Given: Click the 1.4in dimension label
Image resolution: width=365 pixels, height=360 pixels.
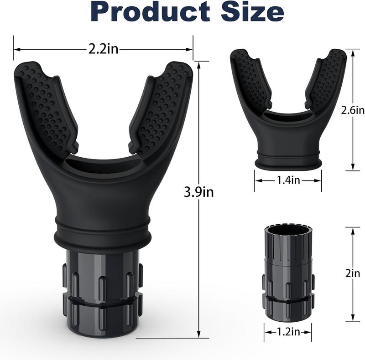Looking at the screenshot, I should (x=288, y=181).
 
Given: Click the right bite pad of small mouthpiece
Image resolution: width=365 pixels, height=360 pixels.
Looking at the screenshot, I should (x=326, y=77).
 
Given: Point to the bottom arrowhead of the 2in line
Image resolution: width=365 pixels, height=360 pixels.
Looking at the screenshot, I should (x=353, y=320).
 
